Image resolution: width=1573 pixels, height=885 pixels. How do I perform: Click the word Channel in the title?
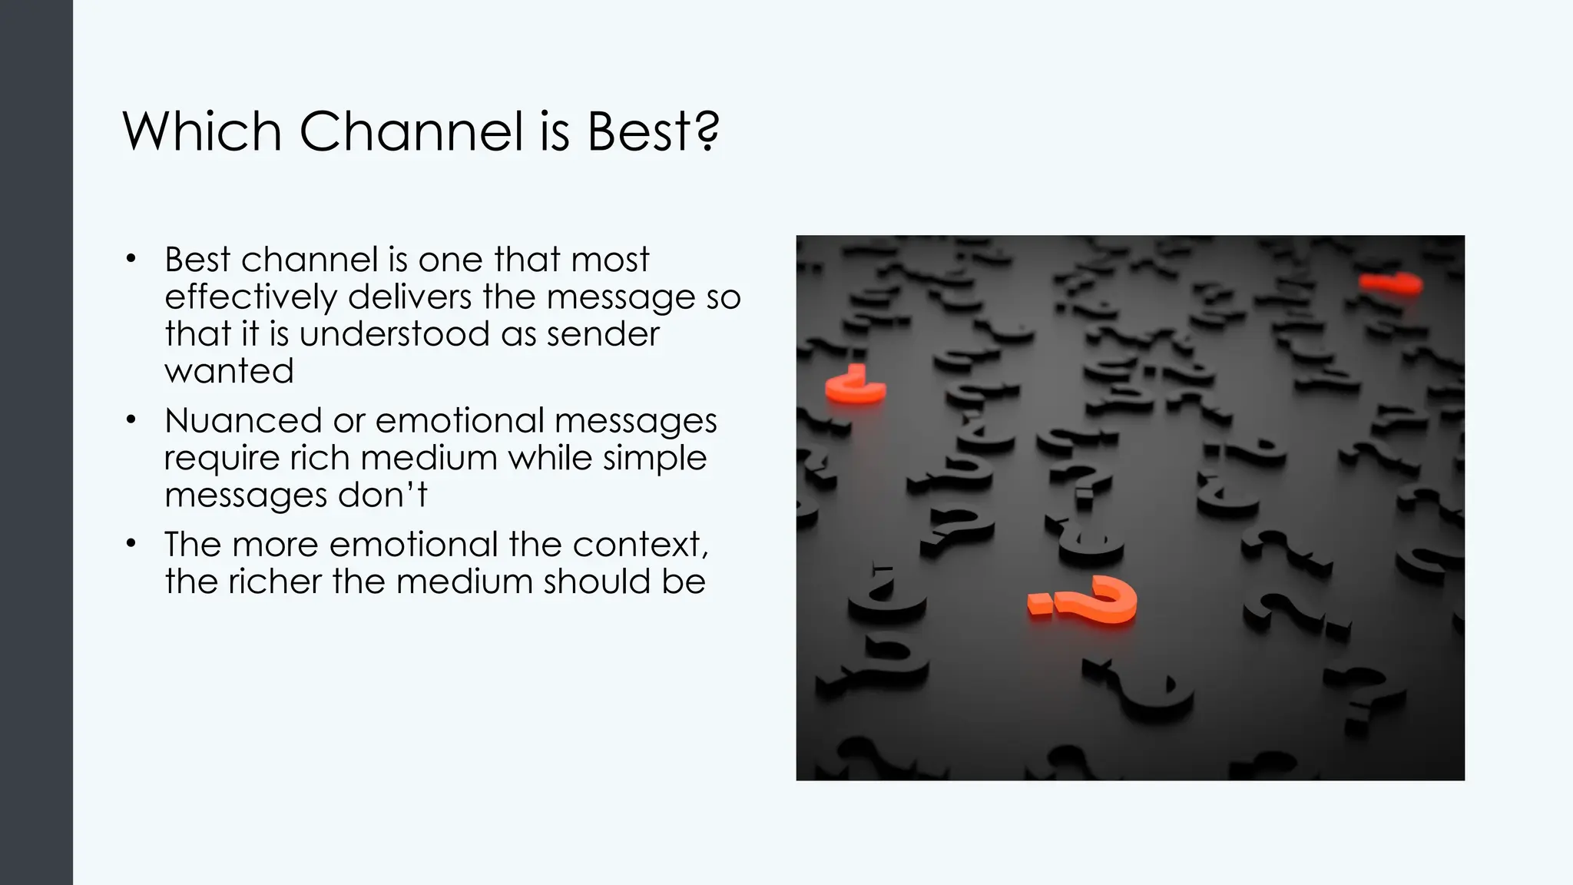click(x=411, y=131)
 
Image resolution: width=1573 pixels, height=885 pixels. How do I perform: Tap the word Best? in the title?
click(x=653, y=131)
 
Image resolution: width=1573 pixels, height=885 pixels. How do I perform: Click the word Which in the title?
click(x=202, y=131)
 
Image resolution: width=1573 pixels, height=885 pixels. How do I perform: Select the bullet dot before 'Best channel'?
click(x=131, y=259)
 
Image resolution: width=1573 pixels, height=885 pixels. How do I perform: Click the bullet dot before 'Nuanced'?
click(x=131, y=420)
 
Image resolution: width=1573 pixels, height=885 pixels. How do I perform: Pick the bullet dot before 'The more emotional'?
click(x=131, y=544)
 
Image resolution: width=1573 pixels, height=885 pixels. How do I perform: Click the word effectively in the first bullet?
click(x=250, y=297)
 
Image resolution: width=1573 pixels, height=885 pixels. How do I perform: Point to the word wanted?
click(x=229, y=371)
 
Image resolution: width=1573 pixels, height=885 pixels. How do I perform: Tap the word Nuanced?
click(x=243, y=421)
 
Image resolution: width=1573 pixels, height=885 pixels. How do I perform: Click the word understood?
click(x=395, y=334)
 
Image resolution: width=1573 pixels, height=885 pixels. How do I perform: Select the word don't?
click(x=382, y=495)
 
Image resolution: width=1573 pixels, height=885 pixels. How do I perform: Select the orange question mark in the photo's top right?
click(x=1391, y=283)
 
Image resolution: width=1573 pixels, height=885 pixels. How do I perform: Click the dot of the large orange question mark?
click(x=1038, y=605)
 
